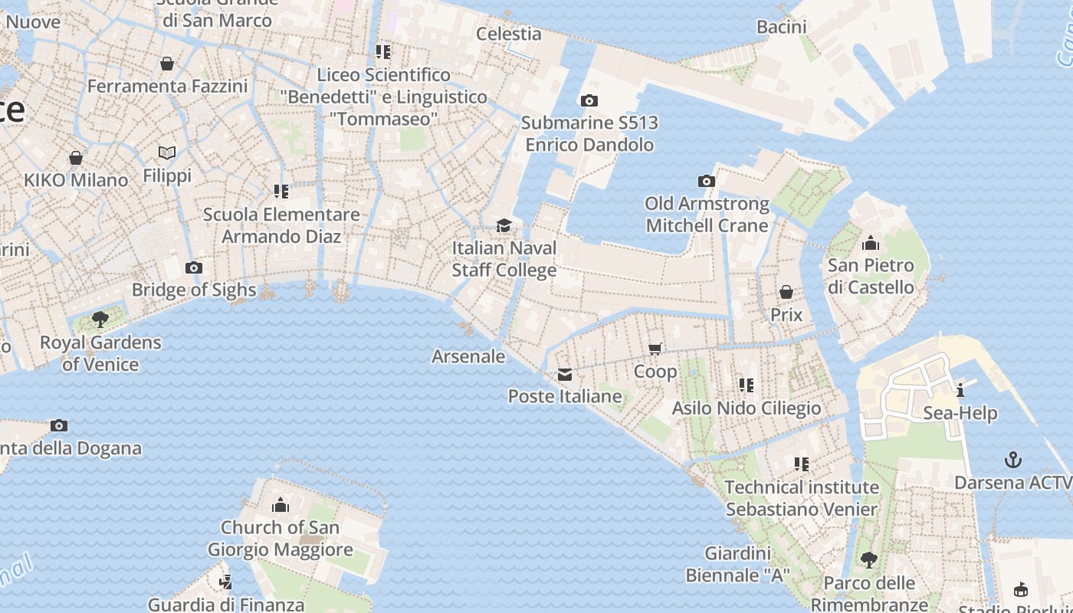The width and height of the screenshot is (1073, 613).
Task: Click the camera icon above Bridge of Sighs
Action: coord(194,267)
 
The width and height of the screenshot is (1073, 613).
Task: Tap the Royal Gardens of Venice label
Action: coord(100,353)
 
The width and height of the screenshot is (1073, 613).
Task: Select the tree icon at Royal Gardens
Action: coord(100,319)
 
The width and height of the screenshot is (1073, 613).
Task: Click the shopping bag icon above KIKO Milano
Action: coord(76,158)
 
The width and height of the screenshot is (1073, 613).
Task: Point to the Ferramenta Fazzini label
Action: coord(167,86)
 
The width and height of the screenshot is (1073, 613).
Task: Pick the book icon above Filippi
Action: coord(167,152)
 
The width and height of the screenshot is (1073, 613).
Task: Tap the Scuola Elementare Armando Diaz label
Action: coord(281,225)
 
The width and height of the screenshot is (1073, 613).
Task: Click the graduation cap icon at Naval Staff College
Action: coord(504,225)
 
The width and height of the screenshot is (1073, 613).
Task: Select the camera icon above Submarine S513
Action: coord(589,100)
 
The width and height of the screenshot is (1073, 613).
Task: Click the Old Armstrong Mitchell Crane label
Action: coord(707,215)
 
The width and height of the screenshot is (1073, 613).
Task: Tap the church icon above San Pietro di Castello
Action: coord(871,244)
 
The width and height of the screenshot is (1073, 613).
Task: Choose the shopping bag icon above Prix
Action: coord(786,292)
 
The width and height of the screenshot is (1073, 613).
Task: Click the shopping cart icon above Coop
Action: coord(655,349)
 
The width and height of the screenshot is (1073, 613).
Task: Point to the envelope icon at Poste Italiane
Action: coord(565,374)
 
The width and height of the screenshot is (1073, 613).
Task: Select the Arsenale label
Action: coord(468,356)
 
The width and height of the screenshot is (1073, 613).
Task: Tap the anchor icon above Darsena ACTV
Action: coord(1013,460)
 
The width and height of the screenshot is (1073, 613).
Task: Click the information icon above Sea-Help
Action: coord(960,390)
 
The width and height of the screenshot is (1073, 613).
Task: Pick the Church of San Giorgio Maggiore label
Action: coord(280,539)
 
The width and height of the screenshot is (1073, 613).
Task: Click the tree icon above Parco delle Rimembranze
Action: coord(868,560)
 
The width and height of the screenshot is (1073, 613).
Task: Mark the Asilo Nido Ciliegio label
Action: coord(747,408)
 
